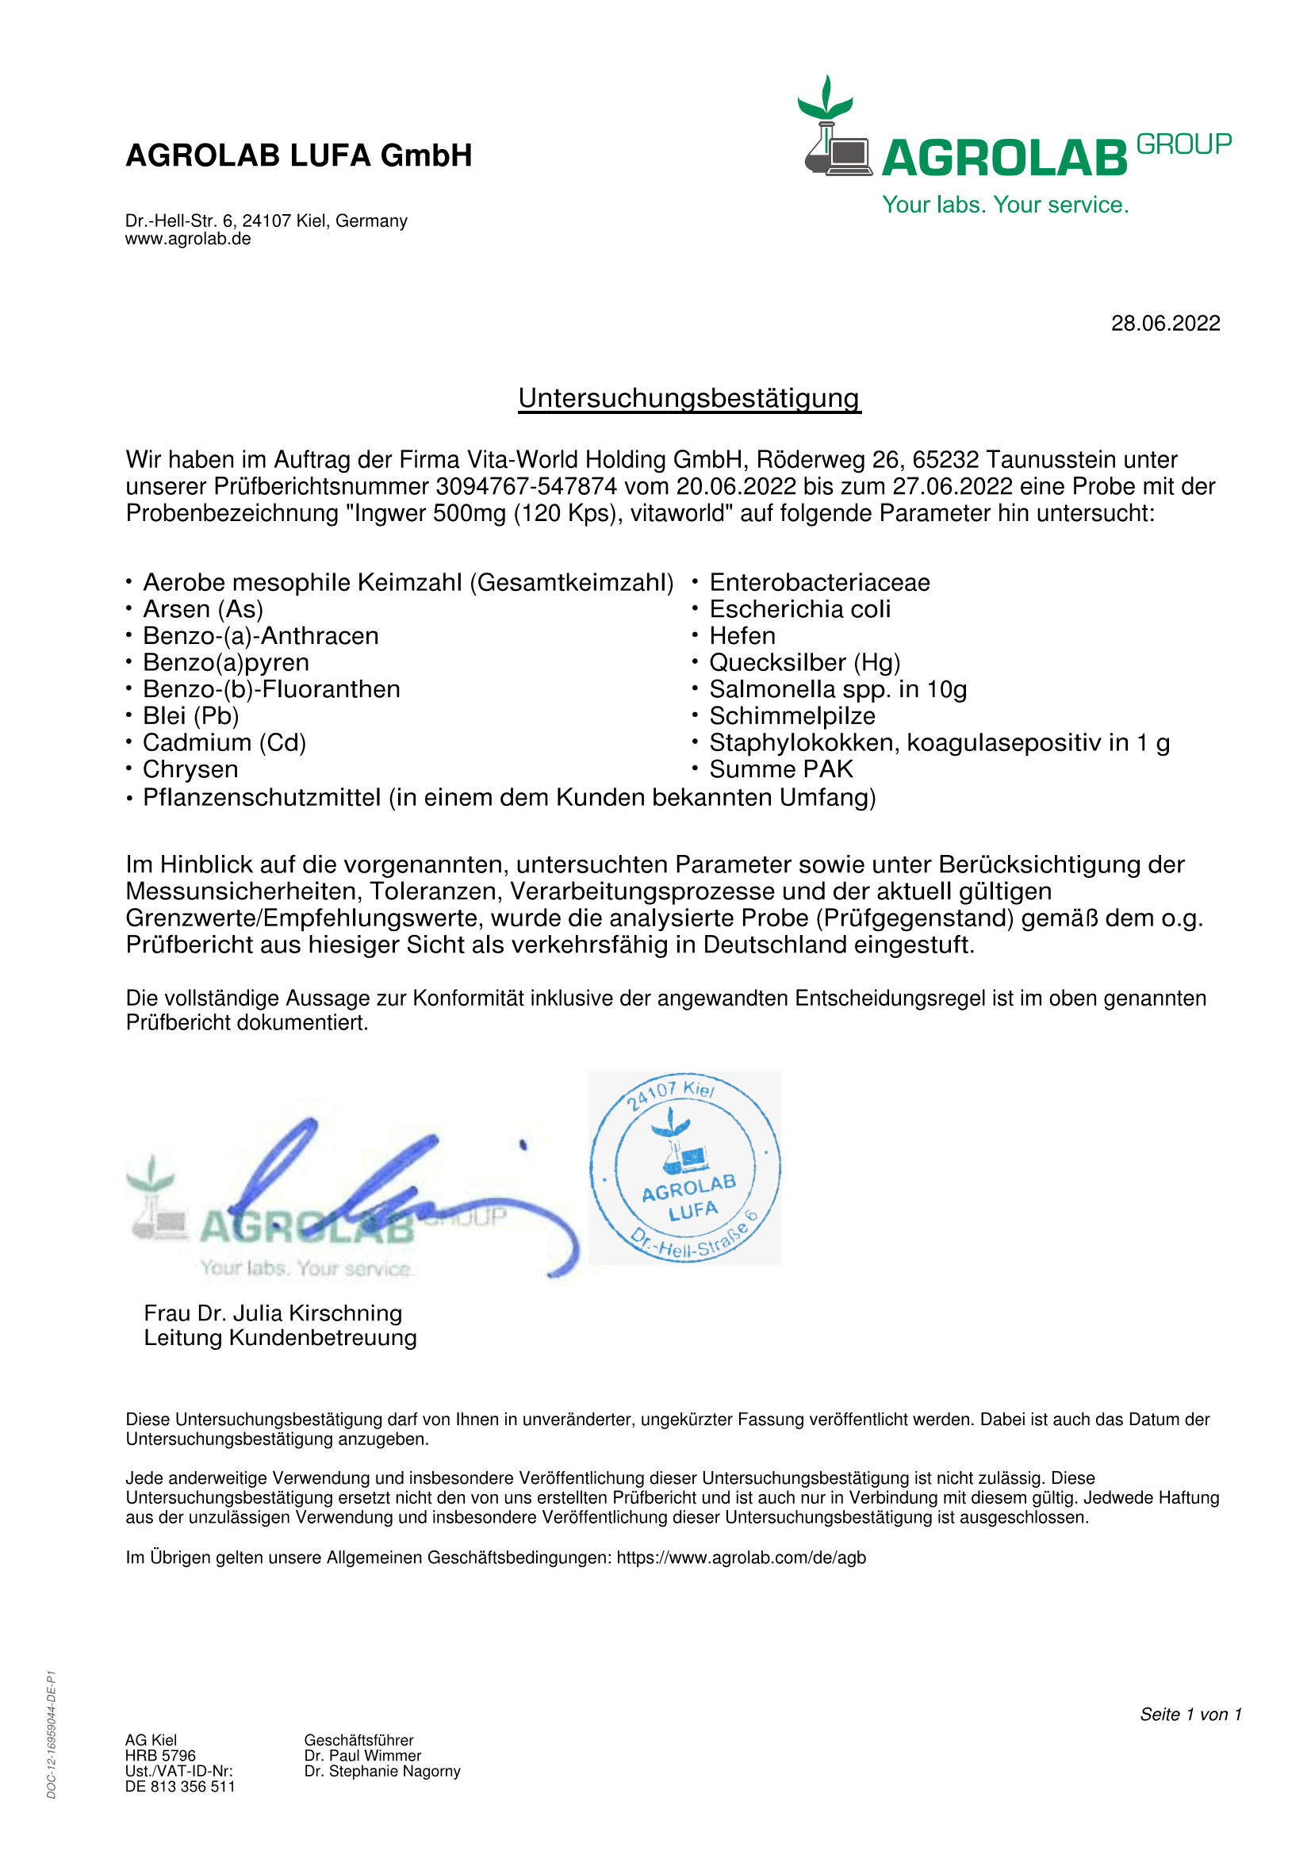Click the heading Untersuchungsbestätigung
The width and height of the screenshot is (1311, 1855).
click(689, 398)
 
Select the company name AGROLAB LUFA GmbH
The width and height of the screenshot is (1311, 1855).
click(299, 155)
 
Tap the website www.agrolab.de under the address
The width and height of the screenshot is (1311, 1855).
click(187, 240)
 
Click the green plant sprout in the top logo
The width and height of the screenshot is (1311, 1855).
click(826, 98)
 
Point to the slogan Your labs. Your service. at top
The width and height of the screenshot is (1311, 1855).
click(1005, 205)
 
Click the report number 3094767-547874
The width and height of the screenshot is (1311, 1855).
click(526, 487)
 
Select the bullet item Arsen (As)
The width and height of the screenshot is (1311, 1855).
click(203, 609)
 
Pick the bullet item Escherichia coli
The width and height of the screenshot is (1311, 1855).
click(799, 609)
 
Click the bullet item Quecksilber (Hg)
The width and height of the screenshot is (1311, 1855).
click(804, 662)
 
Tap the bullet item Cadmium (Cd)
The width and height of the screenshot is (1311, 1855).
click(224, 742)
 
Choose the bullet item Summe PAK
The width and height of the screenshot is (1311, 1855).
click(781, 769)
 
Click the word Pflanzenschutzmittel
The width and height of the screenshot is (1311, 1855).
click(262, 797)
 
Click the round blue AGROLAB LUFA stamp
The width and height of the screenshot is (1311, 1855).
click(685, 1167)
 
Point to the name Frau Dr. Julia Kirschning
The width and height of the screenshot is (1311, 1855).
click(273, 1313)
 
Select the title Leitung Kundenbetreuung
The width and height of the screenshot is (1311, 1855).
click(280, 1338)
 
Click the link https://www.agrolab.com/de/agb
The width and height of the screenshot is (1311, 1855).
click(741, 1558)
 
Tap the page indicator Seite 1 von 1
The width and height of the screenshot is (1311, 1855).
click(1190, 1715)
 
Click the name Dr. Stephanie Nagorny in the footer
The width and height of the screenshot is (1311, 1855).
click(382, 1771)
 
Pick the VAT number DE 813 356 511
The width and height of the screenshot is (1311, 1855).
click(180, 1786)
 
